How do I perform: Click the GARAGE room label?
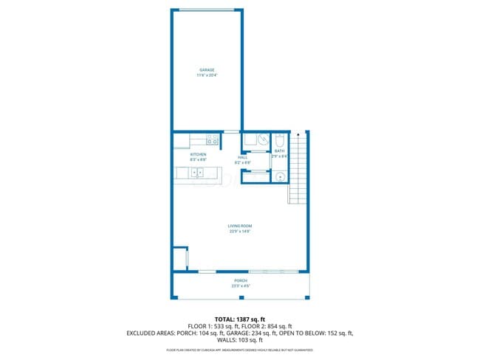(x=206, y=70)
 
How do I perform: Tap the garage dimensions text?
(x=206, y=75)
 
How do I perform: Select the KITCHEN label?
(x=198, y=155)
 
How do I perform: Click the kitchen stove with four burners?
(x=213, y=139)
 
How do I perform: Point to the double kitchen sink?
(x=198, y=173)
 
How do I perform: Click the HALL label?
(x=242, y=156)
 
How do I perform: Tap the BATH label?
(x=279, y=151)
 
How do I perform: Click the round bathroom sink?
(x=280, y=176)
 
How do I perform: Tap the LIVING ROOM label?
(x=240, y=226)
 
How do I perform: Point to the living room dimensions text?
(x=240, y=231)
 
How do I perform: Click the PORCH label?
(x=240, y=280)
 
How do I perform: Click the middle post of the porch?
(x=240, y=298)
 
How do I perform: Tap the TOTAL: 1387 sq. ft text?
(x=240, y=318)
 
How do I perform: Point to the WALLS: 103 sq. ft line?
(x=240, y=341)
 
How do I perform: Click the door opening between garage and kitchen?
(x=231, y=131)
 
